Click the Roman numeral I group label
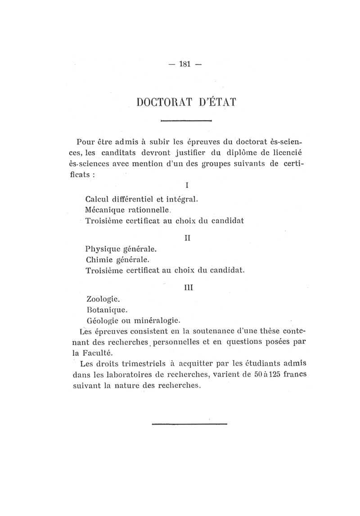(186, 185)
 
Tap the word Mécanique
(105, 210)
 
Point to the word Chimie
(99, 260)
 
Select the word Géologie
(102, 321)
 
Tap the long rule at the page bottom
(189, 423)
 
